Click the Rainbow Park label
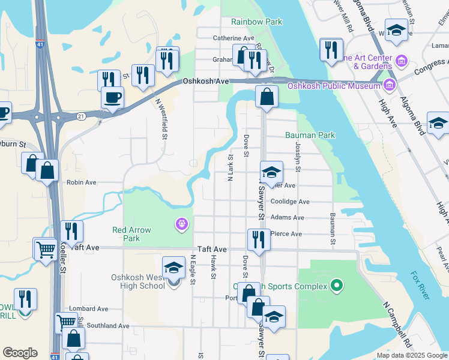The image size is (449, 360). (257, 22)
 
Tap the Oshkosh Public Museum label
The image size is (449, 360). (334, 85)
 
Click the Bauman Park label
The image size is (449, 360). (310, 136)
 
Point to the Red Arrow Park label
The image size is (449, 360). (131, 234)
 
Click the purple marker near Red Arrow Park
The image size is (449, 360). (181, 224)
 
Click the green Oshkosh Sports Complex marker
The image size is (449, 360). (337, 286)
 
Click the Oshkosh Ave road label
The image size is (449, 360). (206, 81)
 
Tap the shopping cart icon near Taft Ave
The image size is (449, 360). (46, 249)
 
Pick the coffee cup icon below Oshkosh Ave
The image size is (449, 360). (112, 97)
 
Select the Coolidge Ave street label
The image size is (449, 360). (290, 202)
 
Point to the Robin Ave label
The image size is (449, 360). (82, 182)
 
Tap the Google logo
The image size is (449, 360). (20, 353)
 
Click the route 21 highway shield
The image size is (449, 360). (82, 115)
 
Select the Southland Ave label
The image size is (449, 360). (107, 326)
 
